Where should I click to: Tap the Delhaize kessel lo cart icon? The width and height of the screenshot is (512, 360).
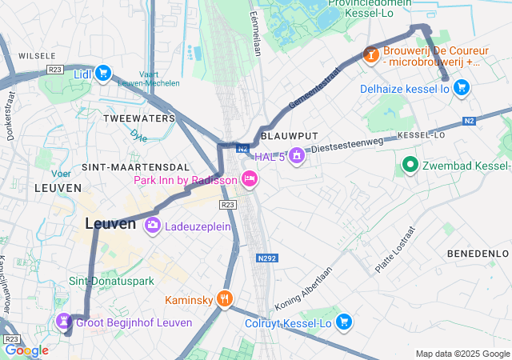tap(461, 88)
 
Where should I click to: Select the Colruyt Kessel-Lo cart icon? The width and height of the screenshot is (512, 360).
tap(344, 322)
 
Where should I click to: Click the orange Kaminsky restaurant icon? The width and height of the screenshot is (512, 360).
tap(225, 299)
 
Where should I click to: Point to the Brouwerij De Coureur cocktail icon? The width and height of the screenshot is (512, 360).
tap(370, 54)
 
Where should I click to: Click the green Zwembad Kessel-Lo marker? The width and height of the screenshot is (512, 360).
tap(410, 166)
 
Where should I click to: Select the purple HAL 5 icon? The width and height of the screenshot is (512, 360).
tap(298, 155)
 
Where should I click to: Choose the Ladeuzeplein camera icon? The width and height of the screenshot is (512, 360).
tap(152, 226)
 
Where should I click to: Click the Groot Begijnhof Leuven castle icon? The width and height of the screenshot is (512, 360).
tap(63, 322)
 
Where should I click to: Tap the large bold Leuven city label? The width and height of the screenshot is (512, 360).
tap(110, 225)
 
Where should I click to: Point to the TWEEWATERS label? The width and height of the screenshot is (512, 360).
tap(139, 118)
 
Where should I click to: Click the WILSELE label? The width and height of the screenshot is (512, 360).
tap(38, 56)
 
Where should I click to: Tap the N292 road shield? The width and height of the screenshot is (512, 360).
tap(268, 258)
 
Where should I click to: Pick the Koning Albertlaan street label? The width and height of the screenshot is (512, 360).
tap(304, 290)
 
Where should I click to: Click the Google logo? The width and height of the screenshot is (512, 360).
tap(27, 350)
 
